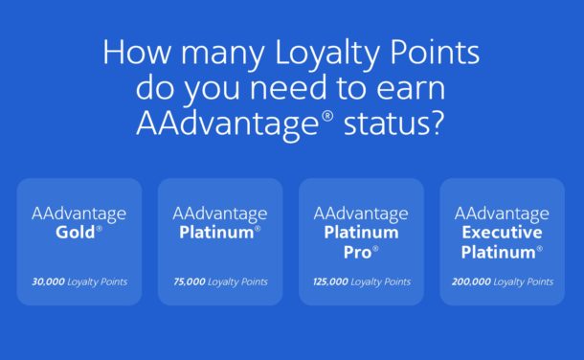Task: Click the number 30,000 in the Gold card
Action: pos(48,282)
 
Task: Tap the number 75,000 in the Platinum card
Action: pos(190,282)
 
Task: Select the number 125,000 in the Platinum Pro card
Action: pos(329,282)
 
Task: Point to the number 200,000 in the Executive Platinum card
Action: pos(470,282)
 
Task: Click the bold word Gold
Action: pos(77,233)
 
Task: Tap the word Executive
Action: pos(502,233)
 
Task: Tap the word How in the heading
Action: pos(133,53)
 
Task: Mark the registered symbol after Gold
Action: pos(100,229)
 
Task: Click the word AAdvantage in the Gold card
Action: pos(79,213)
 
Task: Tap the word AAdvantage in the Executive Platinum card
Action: pos(502,213)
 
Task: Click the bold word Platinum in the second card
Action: pos(216,233)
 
